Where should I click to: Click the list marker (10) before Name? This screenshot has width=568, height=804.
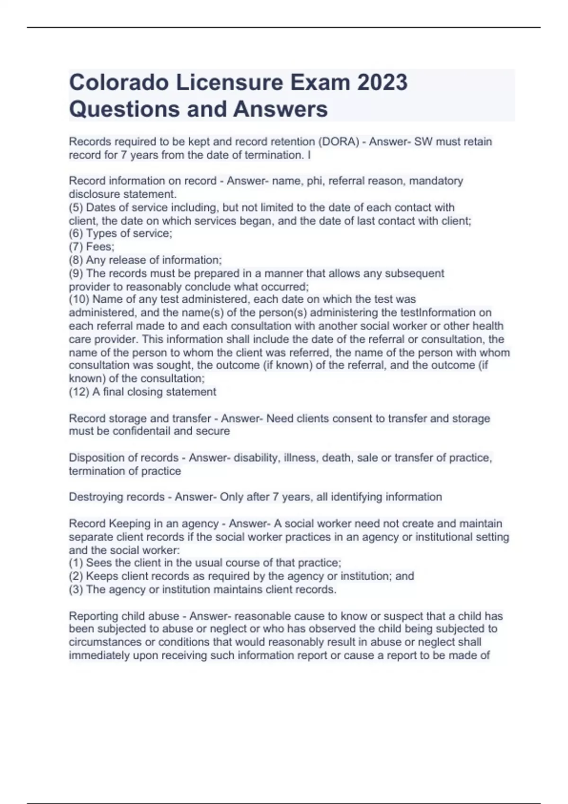tap(79, 299)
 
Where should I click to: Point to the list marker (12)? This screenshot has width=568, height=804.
tap(79, 392)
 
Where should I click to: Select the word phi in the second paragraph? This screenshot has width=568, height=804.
tap(314, 181)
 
